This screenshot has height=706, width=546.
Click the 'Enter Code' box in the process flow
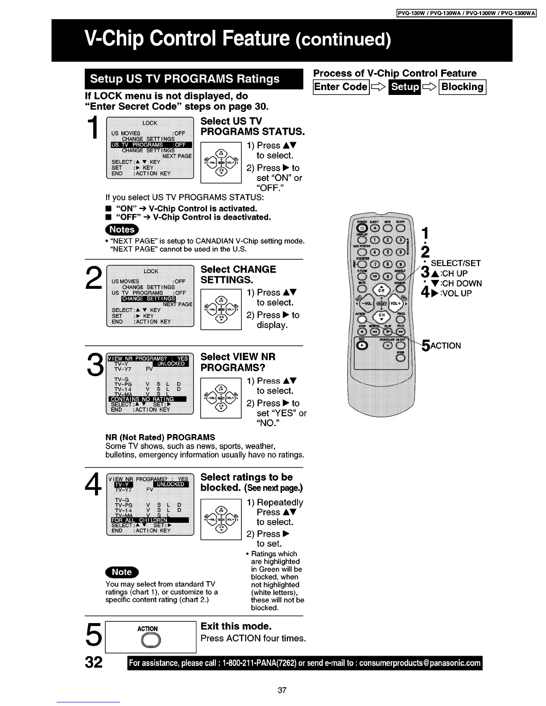coord(341,87)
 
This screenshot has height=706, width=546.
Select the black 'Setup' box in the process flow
coord(405,87)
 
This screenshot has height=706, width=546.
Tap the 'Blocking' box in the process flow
coord(463,87)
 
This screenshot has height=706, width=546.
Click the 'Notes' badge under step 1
coord(122,230)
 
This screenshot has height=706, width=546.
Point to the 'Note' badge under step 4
coord(122,572)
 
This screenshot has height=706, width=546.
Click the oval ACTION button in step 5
coord(147,640)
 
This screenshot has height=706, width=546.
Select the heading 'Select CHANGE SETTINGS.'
coord(238,275)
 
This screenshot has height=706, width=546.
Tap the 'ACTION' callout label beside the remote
coord(445,346)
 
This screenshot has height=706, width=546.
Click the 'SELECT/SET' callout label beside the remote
coord(455,263)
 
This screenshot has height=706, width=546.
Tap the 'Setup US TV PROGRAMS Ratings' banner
coord(185,79)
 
